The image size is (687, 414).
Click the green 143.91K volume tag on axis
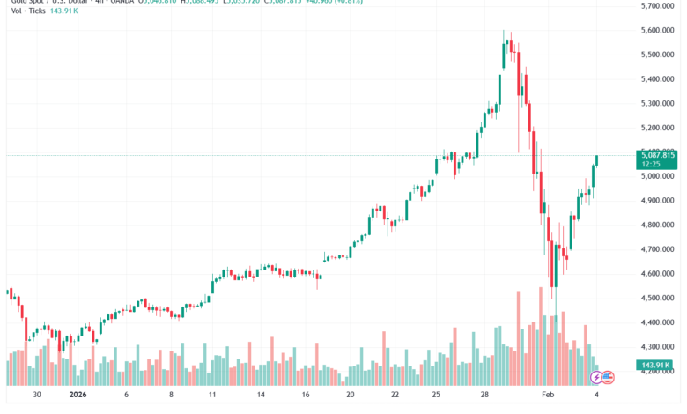click(x=655, y=365)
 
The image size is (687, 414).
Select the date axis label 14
click(x=261, y=396)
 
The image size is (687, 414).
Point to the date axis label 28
click(x=484, y=396)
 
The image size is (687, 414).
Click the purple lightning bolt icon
click(x=595, y=377)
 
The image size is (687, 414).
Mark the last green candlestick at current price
click(x=597, y=159)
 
